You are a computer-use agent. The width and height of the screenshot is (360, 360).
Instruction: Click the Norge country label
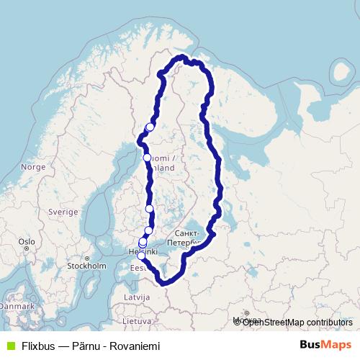[x=33, y=166]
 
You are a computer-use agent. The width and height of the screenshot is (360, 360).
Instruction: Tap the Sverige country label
[x=63, y=212]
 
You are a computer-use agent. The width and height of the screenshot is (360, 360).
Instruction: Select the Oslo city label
[x=27, y=241]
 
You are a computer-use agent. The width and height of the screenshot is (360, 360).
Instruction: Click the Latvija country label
[x=137, y=297]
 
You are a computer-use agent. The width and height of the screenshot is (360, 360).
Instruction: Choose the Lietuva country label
[x=136, y=320]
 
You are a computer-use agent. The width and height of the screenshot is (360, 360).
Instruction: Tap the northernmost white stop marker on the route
[x=150, y=127]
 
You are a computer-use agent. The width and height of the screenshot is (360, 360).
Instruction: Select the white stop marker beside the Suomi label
[x=147, y=158]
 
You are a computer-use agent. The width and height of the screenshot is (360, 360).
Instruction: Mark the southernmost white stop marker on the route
[x=142, y=255]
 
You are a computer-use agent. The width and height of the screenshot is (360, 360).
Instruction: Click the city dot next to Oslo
[x=27, y=250]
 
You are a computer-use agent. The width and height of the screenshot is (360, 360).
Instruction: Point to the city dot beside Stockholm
[x=87, y=258]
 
